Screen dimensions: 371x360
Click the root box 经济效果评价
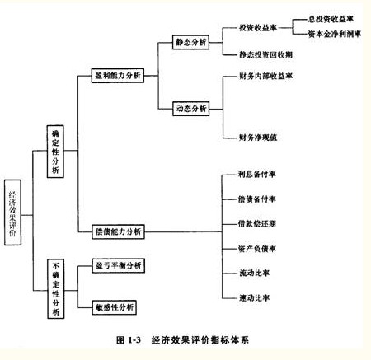[12, 213]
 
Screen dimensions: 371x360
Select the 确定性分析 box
[55, 152]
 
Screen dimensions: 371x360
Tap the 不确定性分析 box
[56, 289]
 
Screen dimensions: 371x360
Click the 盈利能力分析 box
[118, 76]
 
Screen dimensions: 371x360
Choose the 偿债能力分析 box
[118, 231]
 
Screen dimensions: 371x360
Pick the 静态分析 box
[190, 42]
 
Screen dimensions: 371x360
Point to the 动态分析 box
[191, 109]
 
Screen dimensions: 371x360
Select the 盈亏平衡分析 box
[119, 265]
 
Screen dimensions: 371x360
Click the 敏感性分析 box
[115, 307]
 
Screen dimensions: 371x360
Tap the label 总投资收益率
[331, 19]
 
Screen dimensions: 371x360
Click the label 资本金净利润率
[334, 34]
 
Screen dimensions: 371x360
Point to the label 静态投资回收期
[265, 54]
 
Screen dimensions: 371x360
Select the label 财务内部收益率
[265, 76]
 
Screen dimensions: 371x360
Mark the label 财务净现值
[258, 138]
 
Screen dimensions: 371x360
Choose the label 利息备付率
[257, 174]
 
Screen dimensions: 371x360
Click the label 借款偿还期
[257, 224]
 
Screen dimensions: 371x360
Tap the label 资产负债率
[257, 249]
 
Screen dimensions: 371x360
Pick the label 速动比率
[254, 298]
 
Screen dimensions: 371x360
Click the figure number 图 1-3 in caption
[129, 340]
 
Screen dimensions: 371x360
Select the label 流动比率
[254, 274]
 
